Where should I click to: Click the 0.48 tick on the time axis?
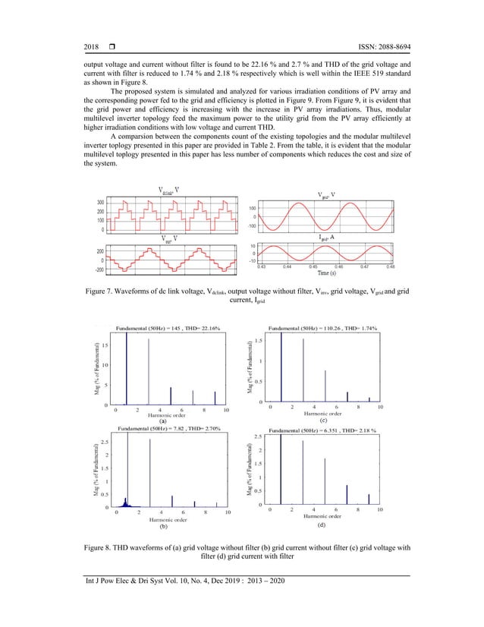pyautogui.click(x=390, y=266)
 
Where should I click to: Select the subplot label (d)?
pyautogui.click(x=322, y=525)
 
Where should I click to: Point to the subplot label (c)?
pyautogui.click(x=322, y=420)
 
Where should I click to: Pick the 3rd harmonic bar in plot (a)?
pyautogui.click(x=149, y=372)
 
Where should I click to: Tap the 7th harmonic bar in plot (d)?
pyautogui.click(x=347, y=495)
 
